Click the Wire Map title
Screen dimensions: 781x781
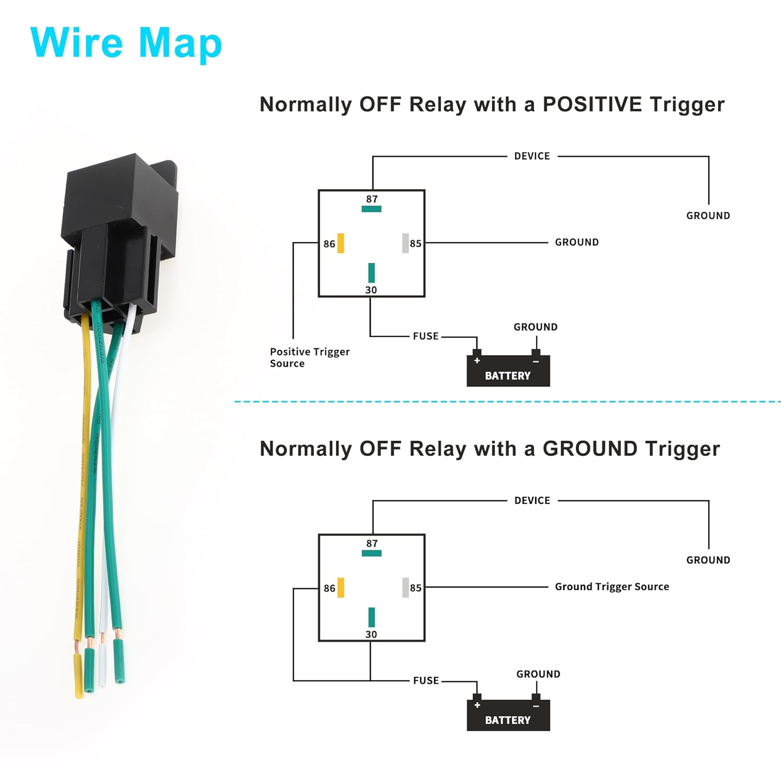pos(126,43)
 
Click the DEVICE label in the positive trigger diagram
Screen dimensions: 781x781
pos(532,156)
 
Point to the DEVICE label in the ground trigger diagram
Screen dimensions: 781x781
pos(532,500)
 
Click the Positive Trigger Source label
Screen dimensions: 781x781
pos(309,358)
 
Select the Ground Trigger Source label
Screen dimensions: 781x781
pos(612,587)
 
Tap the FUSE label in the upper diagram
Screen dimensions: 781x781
pos(425,336)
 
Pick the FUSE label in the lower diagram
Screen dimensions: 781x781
pos(425,681)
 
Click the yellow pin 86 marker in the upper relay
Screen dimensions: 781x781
pos(341,243)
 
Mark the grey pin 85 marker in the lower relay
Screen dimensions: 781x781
pos(405,588)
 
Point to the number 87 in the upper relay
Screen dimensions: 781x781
pos(372,199)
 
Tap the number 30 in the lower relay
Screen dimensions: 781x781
pos(371,634)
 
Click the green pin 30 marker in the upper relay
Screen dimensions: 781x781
pos(371,273)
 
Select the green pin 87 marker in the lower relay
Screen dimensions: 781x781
pos(371,553)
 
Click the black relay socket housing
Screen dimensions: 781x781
pos(120,229)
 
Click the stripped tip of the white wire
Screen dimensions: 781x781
pos(103,638)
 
